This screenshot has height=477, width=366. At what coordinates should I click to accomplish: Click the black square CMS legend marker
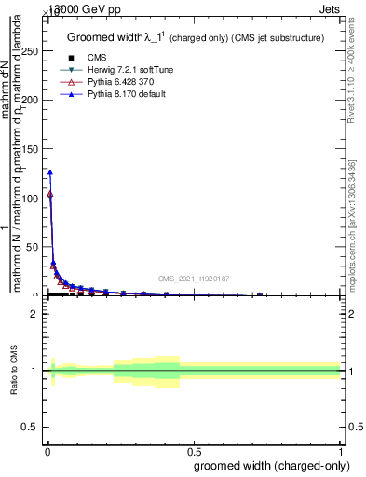[71, 58]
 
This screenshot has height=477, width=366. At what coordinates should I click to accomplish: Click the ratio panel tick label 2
[36, 314]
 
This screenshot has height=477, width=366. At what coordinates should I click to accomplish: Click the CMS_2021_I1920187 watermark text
[194, 279]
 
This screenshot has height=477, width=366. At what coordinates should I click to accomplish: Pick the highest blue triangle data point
[49, 171]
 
